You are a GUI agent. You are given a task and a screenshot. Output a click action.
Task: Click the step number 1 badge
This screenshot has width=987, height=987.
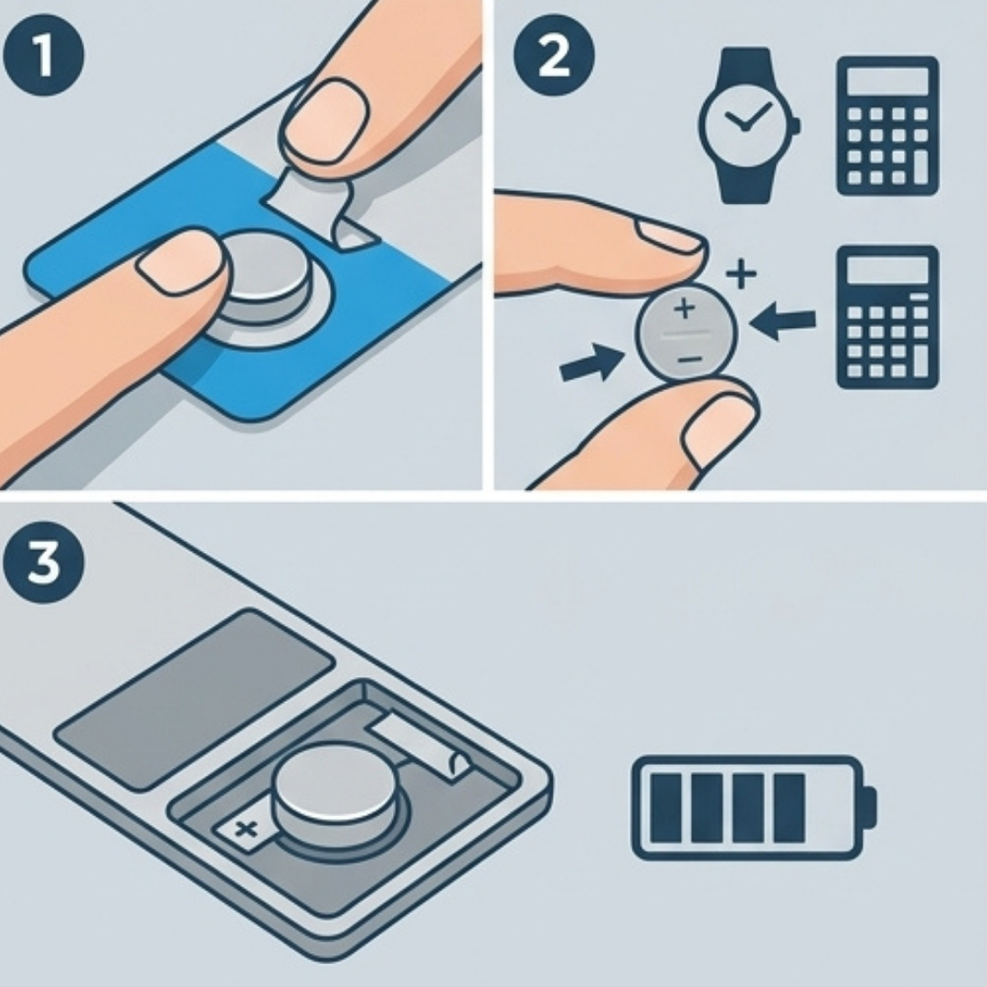(44, 56)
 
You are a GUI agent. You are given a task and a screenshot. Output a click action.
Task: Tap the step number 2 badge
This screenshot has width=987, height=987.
(554, 56)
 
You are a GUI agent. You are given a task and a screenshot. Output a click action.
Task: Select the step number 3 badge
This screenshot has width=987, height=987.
(44, 562)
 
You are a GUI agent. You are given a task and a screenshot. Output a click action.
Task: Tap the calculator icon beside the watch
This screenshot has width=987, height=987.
(887, 126)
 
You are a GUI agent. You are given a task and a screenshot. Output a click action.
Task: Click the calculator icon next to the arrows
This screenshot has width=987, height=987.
(887, 317)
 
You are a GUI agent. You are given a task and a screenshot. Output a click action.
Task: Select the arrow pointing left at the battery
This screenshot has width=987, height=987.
(782, 321)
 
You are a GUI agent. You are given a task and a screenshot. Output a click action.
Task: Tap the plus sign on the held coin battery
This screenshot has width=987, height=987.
(685, 309)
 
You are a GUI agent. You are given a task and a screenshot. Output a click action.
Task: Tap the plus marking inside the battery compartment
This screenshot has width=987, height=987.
(246, 830)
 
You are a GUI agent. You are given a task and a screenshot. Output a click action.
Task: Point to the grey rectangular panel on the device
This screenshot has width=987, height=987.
(194, 699)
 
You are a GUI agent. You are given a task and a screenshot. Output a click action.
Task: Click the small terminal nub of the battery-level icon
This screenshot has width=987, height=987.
(869, 808)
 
